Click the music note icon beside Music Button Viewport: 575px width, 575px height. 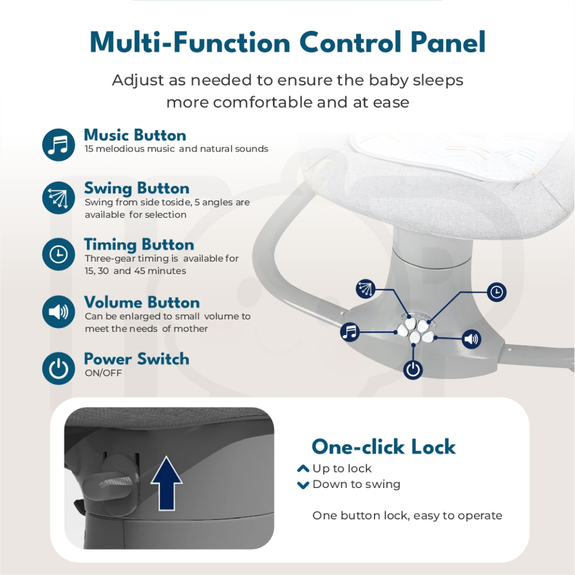click(58, 144)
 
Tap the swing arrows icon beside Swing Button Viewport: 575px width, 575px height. click(58, 198)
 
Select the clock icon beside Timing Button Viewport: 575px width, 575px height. click(58, 254)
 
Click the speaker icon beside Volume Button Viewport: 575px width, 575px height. click(58, 312)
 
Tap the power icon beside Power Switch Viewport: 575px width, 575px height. click(58, 368)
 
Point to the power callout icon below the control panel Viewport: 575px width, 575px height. click(413, 369)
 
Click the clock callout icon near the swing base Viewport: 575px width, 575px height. click(496, 292)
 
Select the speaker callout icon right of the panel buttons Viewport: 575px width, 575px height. click(471, 339)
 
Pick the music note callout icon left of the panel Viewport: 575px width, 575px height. click(350, 332)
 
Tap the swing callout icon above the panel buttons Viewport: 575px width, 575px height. click(366, 288)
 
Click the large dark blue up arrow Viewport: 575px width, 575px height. click(166, 483)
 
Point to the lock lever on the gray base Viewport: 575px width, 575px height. click(111, 485)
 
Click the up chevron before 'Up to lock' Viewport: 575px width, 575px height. click(303, 469)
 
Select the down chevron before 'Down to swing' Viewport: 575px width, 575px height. click(303, 485)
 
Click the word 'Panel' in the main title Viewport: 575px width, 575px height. click(448, 43)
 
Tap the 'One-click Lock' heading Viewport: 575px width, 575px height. click(384, 446)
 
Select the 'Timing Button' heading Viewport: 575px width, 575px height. click(139, 245)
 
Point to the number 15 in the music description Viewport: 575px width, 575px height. click(89, 148)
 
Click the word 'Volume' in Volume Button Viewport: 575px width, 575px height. click(113, 303)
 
